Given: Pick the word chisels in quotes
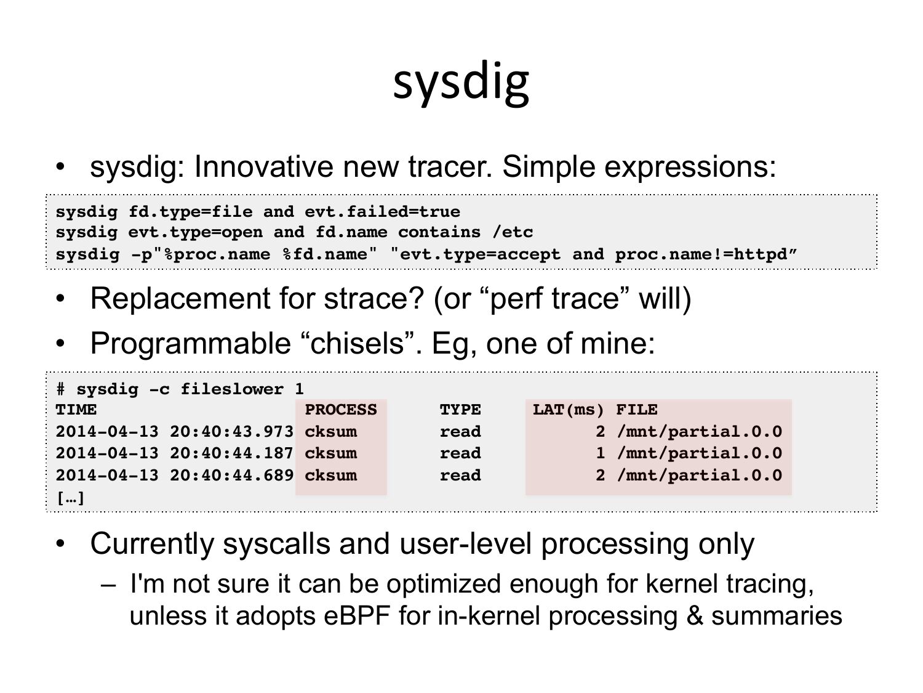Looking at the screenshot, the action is click(357, 343).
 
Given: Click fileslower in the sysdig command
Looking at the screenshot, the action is click(232, 389).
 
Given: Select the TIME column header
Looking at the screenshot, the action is click(76, 410).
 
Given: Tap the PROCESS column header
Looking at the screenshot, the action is click(341, 410).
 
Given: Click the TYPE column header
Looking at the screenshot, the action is click(460, 410).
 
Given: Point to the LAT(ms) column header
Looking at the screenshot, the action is click(568, 410).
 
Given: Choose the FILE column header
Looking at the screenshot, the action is click(637, 410).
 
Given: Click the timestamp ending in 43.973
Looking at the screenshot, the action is click(175, 431).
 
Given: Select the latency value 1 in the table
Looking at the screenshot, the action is click(600, 453).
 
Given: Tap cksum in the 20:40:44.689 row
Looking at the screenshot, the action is click(330, 475).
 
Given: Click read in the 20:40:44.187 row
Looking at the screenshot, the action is click(460, 453).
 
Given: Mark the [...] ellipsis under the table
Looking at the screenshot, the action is click(71, 498).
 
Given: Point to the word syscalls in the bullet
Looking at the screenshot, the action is click(276, 544).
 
